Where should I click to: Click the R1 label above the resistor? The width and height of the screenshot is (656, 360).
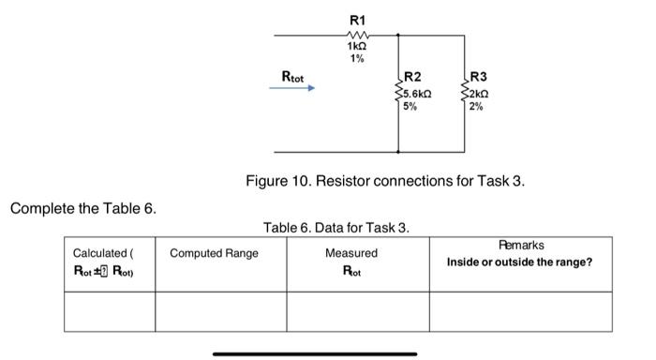pyautogui.click(x=357, y=19)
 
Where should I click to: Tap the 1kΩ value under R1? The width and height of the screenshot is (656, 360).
pyautogui.click(x=357, y=47)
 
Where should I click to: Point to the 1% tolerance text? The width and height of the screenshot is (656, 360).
pyautogui.click(x=357, y=59)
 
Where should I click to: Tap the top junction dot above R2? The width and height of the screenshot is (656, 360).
pyautogui.click(x=398, y=36)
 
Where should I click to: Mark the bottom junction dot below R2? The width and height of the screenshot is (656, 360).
pyautogui.click(x=398, y=152)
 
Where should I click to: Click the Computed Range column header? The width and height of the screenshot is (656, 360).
pyautogui.click(x=214, y=253)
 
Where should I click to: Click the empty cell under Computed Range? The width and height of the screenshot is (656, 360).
pyautogui.click(x=220, y=311)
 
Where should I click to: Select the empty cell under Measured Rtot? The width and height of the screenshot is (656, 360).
pyautogui.click(x=357, y=311)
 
